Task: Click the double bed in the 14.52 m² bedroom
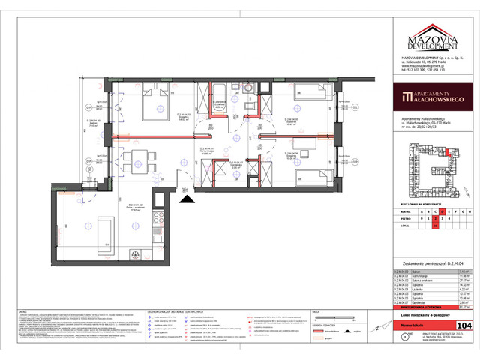click(153, 102)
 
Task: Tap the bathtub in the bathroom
click(222, 93)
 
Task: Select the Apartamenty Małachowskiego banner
click(434, 95)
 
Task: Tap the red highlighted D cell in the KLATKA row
click(443, 212)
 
